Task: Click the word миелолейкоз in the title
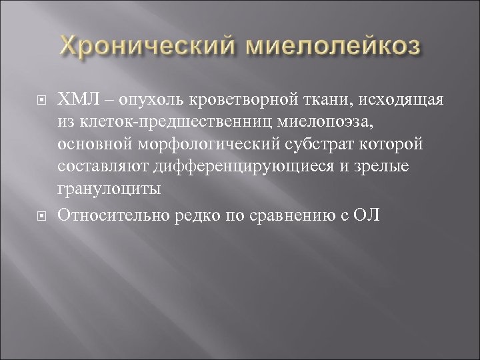[329, 47]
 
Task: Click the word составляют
[104, 166]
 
